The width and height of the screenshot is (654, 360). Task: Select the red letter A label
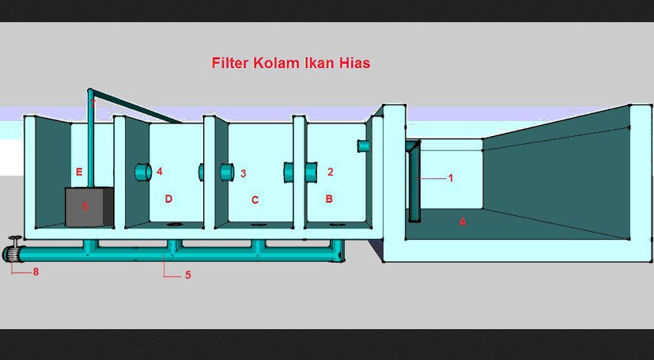coord(463,222)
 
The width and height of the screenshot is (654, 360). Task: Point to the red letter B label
coord(329,199)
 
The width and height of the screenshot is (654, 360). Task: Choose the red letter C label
coord(255,200)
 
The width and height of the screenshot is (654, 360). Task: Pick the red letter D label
coord(168,199)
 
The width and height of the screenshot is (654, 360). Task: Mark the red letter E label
coord(79,172)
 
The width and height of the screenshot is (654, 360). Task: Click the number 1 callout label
coord(451,178)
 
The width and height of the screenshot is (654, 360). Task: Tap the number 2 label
coord(331,171)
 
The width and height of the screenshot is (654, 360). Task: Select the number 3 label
coord(244,172)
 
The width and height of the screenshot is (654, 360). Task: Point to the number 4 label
coord(159,171)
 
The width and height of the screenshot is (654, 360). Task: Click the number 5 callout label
coord(187,275)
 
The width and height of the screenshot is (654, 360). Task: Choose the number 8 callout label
coord(35,271)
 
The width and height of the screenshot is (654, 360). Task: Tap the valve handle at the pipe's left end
coord(13,242)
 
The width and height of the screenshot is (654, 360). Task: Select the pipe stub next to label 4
coord(142,171)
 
